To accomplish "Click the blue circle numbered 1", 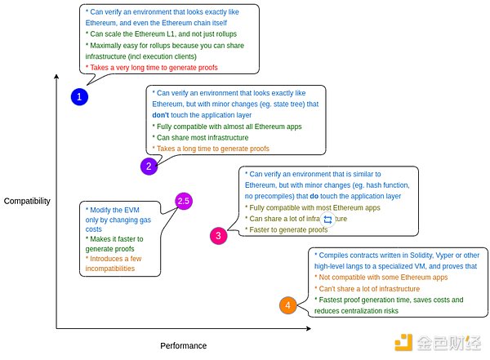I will [79, 97].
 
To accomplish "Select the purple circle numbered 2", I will [149, 167].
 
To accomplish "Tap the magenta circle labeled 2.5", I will [184, 201].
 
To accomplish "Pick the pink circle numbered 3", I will [218, 236].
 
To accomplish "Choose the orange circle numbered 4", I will [287, 306].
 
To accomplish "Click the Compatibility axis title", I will [26, 201].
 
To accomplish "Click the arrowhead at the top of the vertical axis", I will [56, 78].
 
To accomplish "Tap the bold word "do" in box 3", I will [314, 197].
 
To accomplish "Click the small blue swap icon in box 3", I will [328, 219].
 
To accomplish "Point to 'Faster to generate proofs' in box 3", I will [287, 230].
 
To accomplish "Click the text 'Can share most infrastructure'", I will [205, 138].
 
